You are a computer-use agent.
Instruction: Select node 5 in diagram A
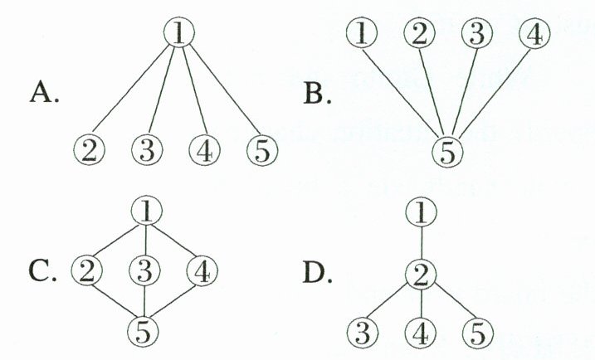[x=261, y=152]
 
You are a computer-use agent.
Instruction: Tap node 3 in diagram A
[x=146, y=152]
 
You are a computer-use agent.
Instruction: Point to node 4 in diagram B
[x=534, y=33]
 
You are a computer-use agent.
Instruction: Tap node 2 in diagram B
[x=420, y=33]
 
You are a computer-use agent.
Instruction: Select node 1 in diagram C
[x=146, y=212]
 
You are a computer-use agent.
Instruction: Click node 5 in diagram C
[x=146, y=330]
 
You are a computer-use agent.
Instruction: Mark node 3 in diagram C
[x=146, y=270]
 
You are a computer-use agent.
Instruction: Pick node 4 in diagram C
[x=202, y=270]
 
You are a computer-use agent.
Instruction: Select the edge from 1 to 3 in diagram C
[x=146, y=241]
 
